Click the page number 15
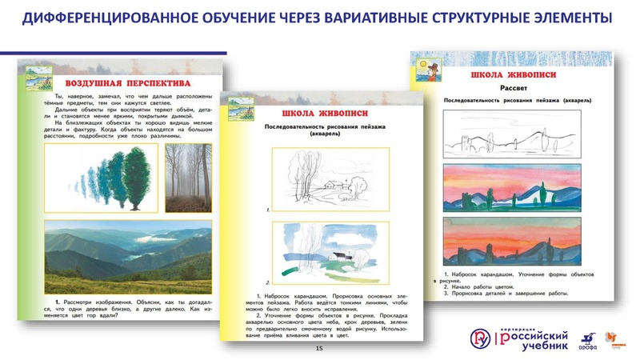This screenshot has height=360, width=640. click(x=320, y=350)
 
